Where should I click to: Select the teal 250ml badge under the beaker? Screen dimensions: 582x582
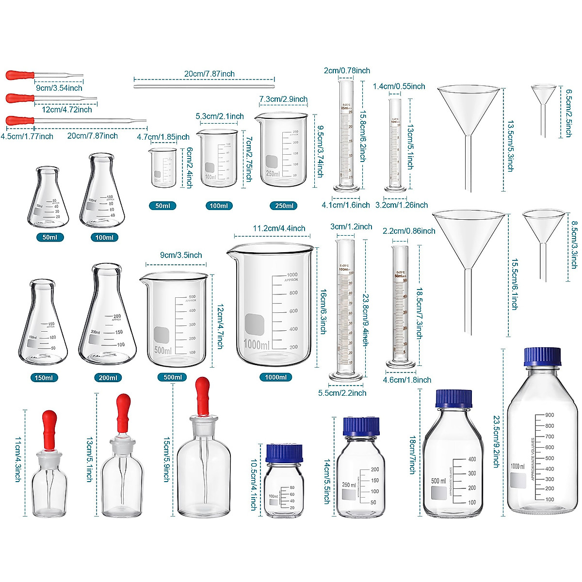[284, 206]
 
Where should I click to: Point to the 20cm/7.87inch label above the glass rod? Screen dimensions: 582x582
[209, 74]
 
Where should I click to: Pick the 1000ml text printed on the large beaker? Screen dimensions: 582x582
[257, 345]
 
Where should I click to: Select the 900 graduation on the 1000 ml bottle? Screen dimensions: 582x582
[549, 415]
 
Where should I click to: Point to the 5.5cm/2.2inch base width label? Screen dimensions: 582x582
[342, 393]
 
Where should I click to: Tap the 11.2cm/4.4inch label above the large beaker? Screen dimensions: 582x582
[279, 228]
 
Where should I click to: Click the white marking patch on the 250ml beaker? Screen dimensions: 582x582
[272, 162]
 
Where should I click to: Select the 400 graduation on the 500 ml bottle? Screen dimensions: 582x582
[471, 459]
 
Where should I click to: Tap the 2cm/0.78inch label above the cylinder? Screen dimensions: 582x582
[347, 71]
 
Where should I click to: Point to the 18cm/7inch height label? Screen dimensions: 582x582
[412, 455]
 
